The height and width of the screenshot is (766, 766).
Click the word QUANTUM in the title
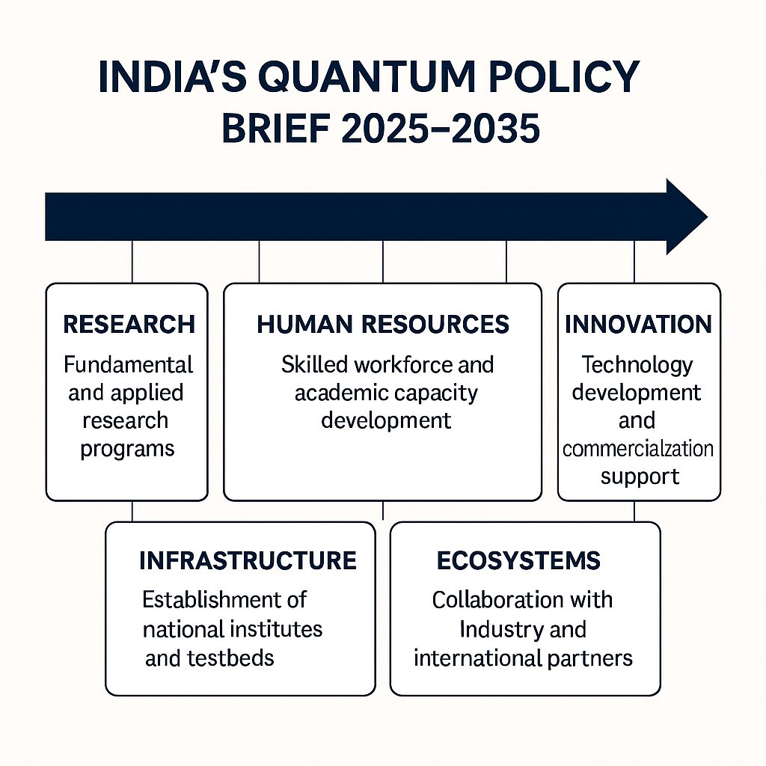tap(367, 77)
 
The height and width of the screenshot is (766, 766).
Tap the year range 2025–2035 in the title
tap(440, 128)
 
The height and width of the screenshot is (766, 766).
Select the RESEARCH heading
tap(129, 325)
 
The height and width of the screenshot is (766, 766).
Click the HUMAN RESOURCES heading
tap(383, 325)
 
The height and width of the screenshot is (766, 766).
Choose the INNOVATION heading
tap(639, 325)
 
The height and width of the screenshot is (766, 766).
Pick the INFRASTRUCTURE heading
tap(248, 560)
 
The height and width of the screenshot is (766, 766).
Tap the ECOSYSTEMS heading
tap(518, 560)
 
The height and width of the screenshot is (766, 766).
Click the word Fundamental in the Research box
tap(128, 364)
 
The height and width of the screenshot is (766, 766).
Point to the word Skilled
tap(315, 364)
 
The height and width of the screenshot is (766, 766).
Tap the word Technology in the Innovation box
tap(637, 366)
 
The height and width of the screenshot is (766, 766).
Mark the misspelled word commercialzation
tap(638, 449)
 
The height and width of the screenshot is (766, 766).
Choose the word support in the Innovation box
tap(640, 477)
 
